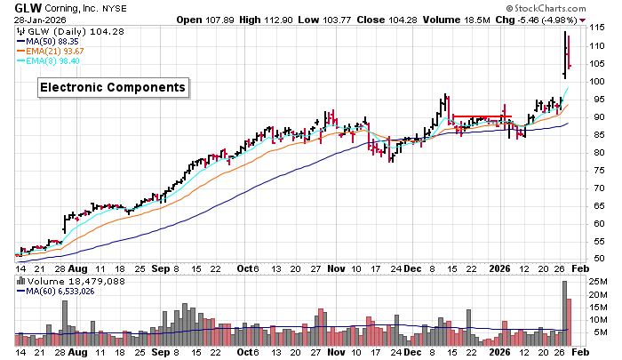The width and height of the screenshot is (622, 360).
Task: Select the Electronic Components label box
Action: coord(112,87)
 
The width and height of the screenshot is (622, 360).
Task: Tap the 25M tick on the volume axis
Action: coord(599,284)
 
